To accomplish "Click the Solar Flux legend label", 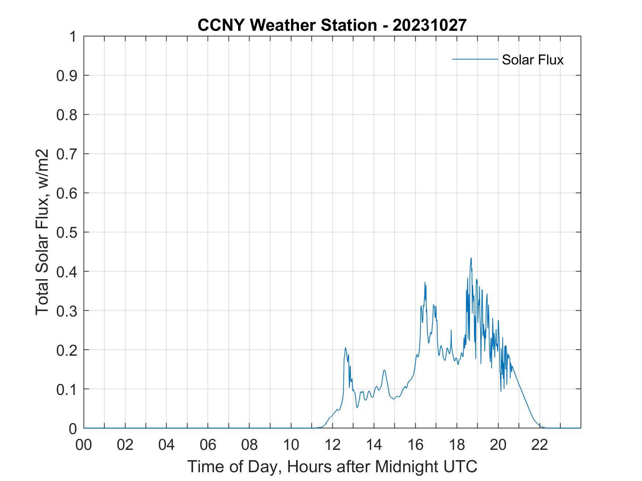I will pos(532,60).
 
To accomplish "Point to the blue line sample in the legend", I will pos(475,59).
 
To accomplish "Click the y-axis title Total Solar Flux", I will pos(43,232).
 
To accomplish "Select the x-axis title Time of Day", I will pos(332,466).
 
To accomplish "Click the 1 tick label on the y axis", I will pos(73,37).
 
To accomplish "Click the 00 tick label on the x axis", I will pos(84,445).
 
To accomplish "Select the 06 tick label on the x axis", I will pos(208,445).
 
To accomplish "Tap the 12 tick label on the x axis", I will pos(332,445).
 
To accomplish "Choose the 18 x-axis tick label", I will pos(457,445).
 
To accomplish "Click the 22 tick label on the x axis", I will pos(540,445).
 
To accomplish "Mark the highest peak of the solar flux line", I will pos(471,258).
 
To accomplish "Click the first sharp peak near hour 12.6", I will pos(345,348).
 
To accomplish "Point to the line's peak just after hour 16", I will pos(424,282).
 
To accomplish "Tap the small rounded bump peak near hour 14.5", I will pos(384,370).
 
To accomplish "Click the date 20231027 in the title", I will pos(429,25).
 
